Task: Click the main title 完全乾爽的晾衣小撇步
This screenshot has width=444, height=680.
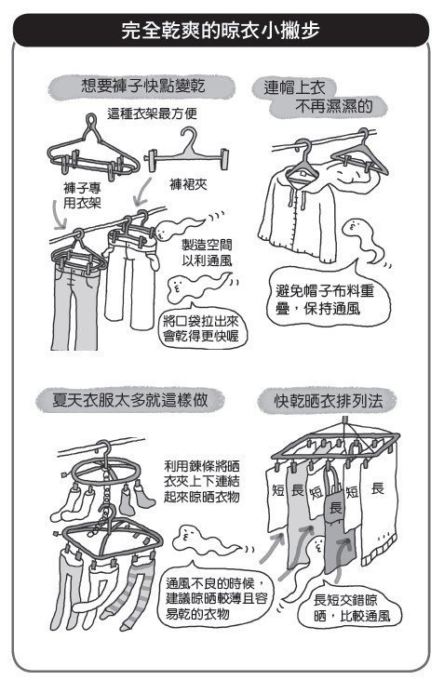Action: [221, 31]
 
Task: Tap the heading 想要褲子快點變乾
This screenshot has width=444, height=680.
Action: [142, 86]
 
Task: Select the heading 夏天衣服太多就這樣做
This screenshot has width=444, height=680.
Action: [129, 400]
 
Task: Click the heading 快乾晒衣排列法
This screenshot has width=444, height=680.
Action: [329, 401]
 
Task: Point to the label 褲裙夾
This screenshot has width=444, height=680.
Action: [188, 185]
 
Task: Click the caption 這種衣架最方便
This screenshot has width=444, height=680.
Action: [152, 113]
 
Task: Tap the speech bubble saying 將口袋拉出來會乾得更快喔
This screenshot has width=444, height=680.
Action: [201, 328]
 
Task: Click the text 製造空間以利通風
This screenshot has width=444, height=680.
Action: [207, 253]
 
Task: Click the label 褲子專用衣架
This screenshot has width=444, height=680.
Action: [82, 195]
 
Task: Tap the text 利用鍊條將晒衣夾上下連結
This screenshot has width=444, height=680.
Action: [201, 481]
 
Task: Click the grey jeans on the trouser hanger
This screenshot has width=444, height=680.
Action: [74, 303]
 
